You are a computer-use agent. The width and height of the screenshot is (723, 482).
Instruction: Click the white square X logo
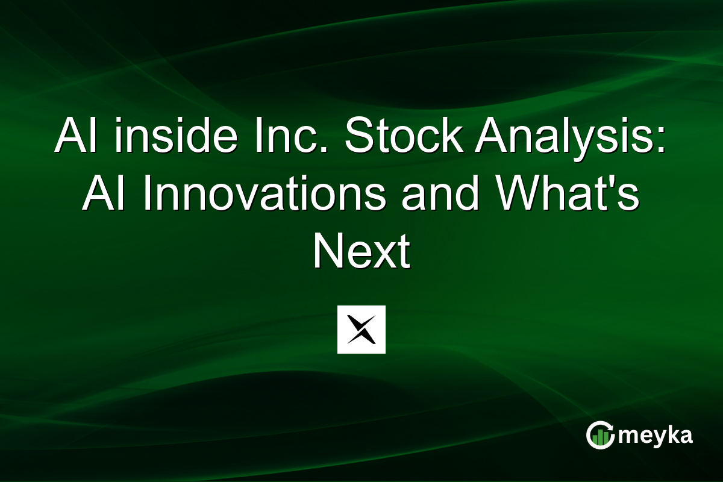coord(361,330)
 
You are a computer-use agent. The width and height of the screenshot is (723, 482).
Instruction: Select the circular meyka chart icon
coord(600,435)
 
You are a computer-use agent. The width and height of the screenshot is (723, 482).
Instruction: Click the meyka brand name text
coord(656,436)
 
